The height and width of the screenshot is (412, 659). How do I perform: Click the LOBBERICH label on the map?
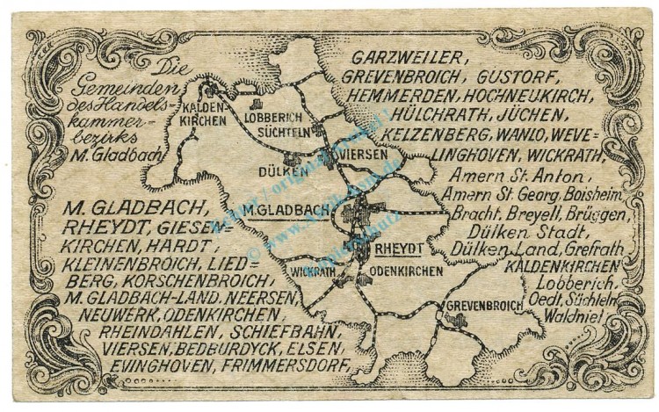pyautogui.click(x=273, y=117)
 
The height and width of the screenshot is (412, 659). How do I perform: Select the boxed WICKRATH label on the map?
pyautogui.click(x=312, y=271)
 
